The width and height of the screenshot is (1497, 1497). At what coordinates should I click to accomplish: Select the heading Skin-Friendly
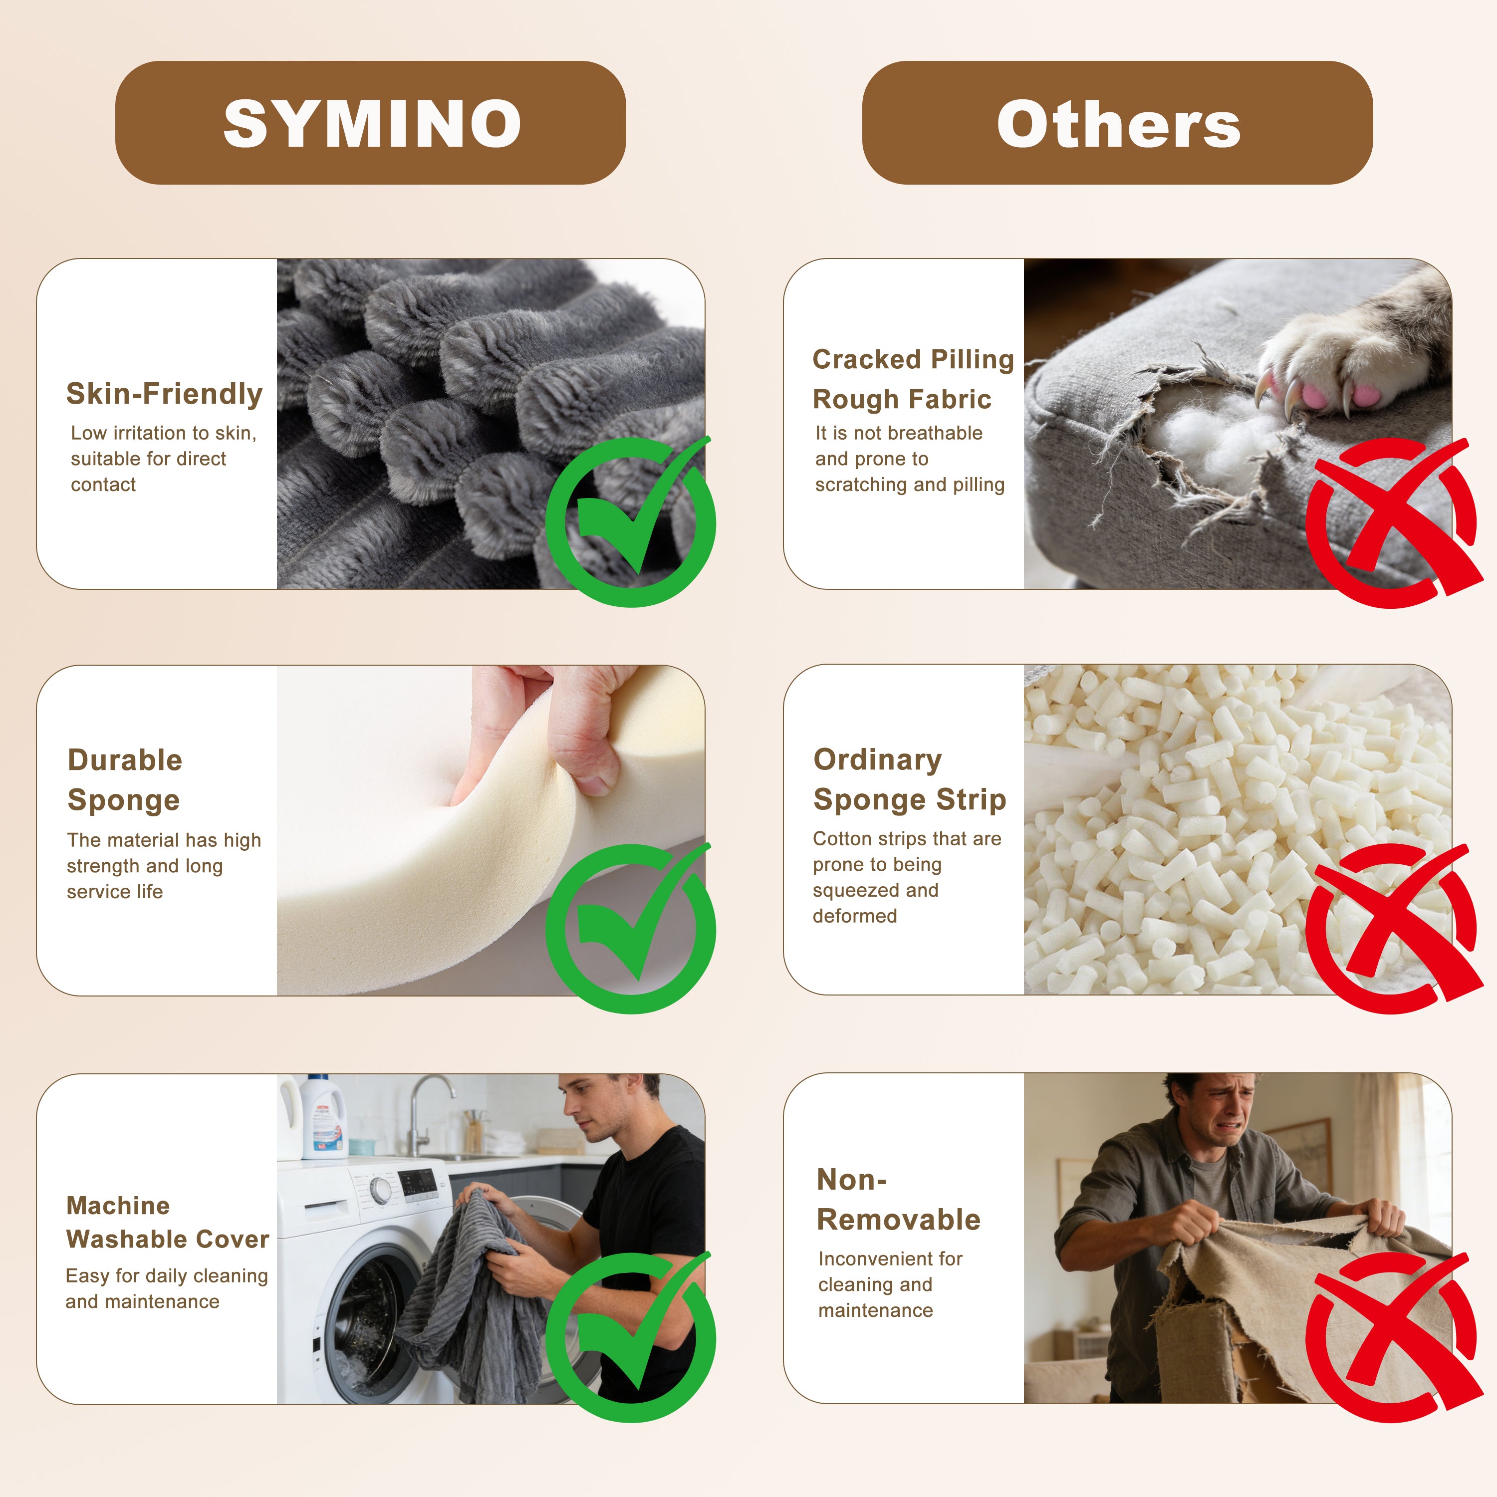click(x=164, y=394)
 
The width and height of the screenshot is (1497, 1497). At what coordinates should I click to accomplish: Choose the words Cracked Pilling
click(x=913, y=359)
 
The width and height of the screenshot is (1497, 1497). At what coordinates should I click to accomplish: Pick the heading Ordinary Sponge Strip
click(x=910, y=779)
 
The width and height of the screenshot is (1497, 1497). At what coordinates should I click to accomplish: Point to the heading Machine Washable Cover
click(x=167, y=1222)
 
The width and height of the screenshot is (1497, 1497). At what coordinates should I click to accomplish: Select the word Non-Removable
click(x=898, y=1200)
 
